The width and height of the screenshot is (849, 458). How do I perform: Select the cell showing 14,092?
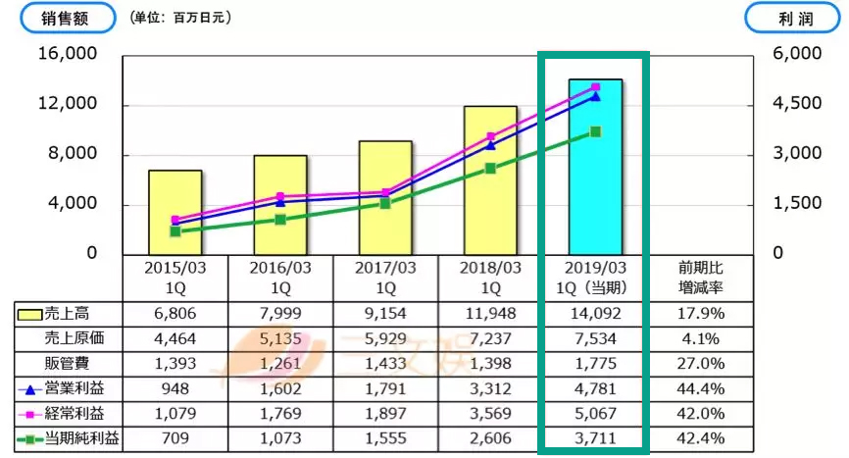point(595,314)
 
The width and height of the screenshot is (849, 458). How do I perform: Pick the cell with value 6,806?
point(175,314)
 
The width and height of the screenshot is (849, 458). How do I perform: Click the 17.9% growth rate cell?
point(700,314)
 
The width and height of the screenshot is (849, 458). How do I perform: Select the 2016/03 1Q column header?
point(280,277)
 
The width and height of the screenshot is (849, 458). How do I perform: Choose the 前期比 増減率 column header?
point(700,277)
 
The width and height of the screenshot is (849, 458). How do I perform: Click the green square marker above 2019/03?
point(595,131)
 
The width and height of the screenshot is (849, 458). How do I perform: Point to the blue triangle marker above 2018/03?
point(490,144)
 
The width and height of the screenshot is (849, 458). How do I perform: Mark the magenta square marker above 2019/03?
point(595,88)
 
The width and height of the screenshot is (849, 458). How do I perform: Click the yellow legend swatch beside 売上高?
point(29,314)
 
